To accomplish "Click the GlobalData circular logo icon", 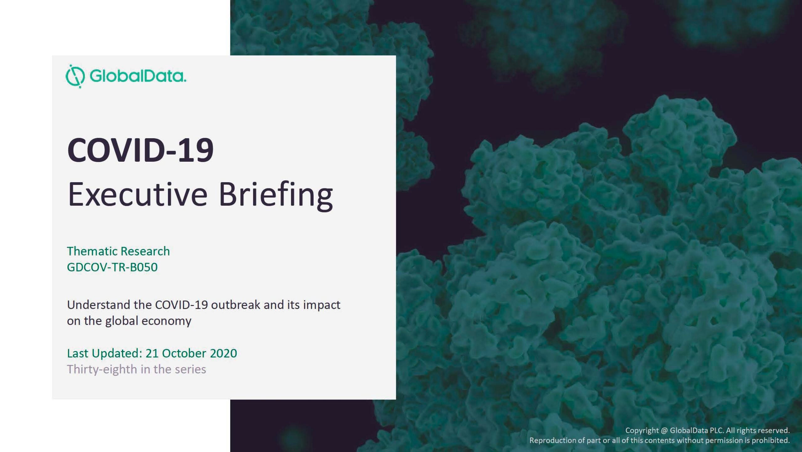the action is click(75, 76).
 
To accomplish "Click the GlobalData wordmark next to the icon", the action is click(138, 76).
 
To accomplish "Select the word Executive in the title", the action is click(138, 194).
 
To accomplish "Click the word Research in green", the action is click(145, 251).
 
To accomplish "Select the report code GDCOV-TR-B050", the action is click(112, 267).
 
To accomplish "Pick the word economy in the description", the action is click(166, 321).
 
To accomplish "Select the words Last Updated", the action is click(105, 353).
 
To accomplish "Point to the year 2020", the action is click(223, 353).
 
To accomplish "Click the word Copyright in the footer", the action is click(642, 431).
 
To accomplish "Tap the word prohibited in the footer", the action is click(771, 440).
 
